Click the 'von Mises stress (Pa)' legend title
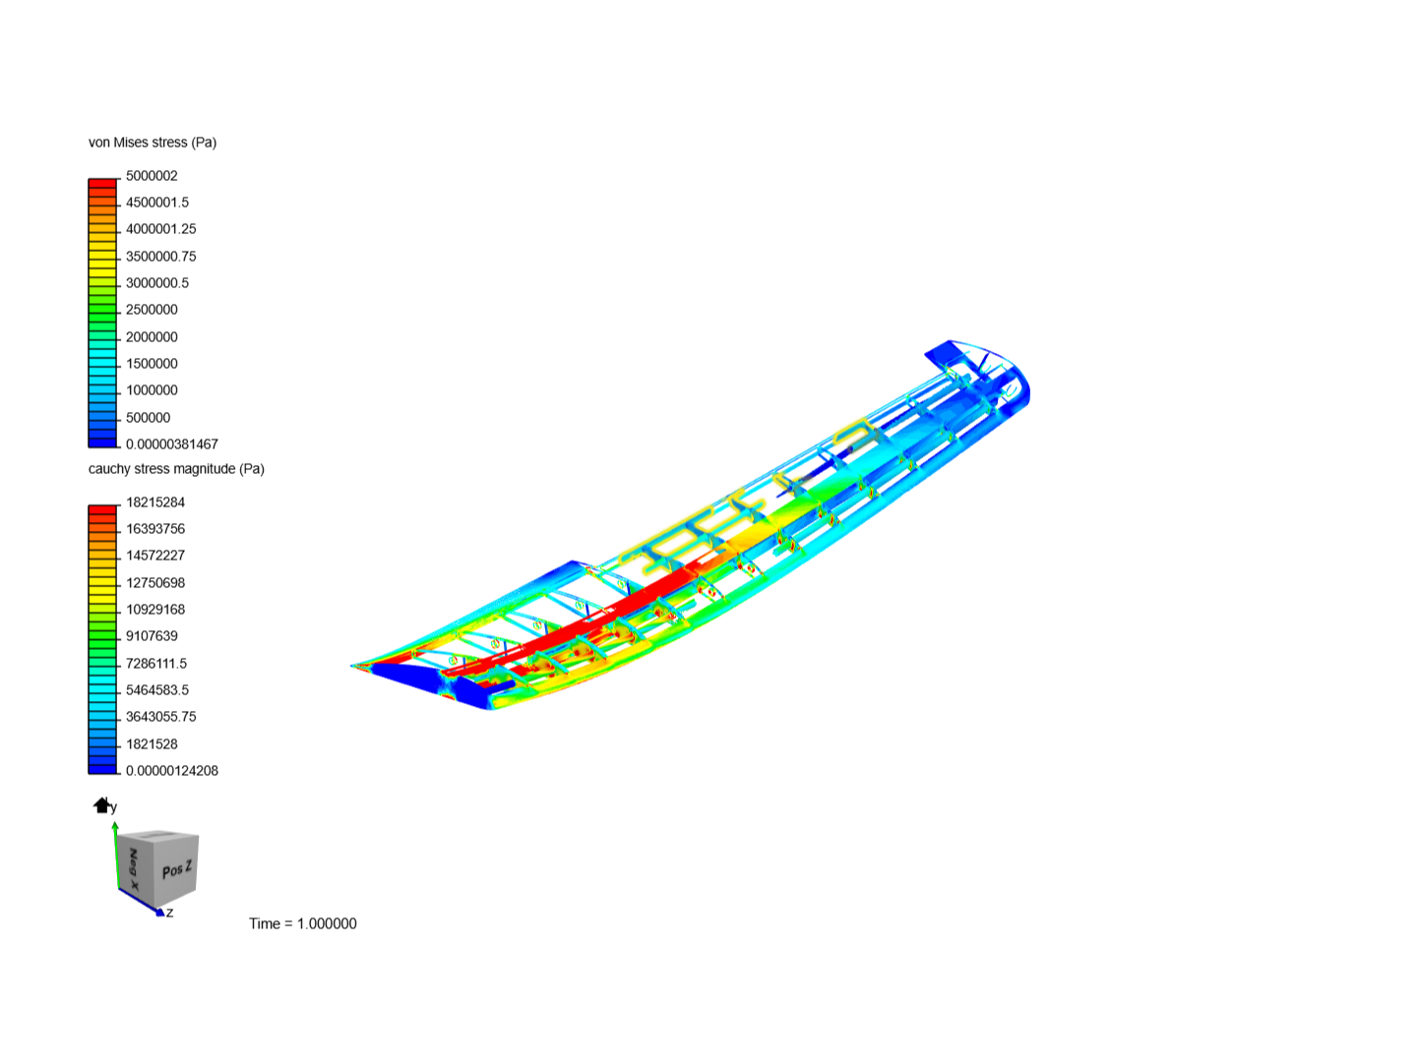click(153, 143)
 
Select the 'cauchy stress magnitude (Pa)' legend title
click(176, 469)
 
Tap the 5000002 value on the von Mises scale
click(152, 176)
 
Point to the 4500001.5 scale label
click(157, 203)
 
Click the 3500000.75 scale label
click(161, 257)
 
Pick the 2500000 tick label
click(152, 310)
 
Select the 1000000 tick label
click(152, 390)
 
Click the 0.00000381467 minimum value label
click(172, 444)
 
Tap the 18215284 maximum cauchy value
click(155, 502)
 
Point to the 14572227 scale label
click(155, 556)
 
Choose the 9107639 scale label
click(152, 636)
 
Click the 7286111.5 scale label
click(156, 664)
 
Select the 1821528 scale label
click(152, 744)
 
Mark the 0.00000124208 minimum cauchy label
click(172, 771)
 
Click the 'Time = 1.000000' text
click(303, 923)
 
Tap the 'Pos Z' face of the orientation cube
click(177, 870)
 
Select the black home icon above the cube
click(101, 805)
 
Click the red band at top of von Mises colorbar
click(102, 183)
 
